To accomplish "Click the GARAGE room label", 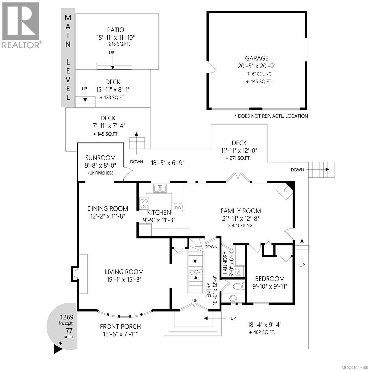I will point(257,58).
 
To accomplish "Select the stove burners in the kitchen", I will point(144,203).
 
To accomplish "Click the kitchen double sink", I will point(160,188).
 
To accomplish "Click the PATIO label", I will point(116,30).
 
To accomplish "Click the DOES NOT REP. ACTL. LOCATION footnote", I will point(271,116).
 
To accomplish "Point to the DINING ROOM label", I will point(108,209).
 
